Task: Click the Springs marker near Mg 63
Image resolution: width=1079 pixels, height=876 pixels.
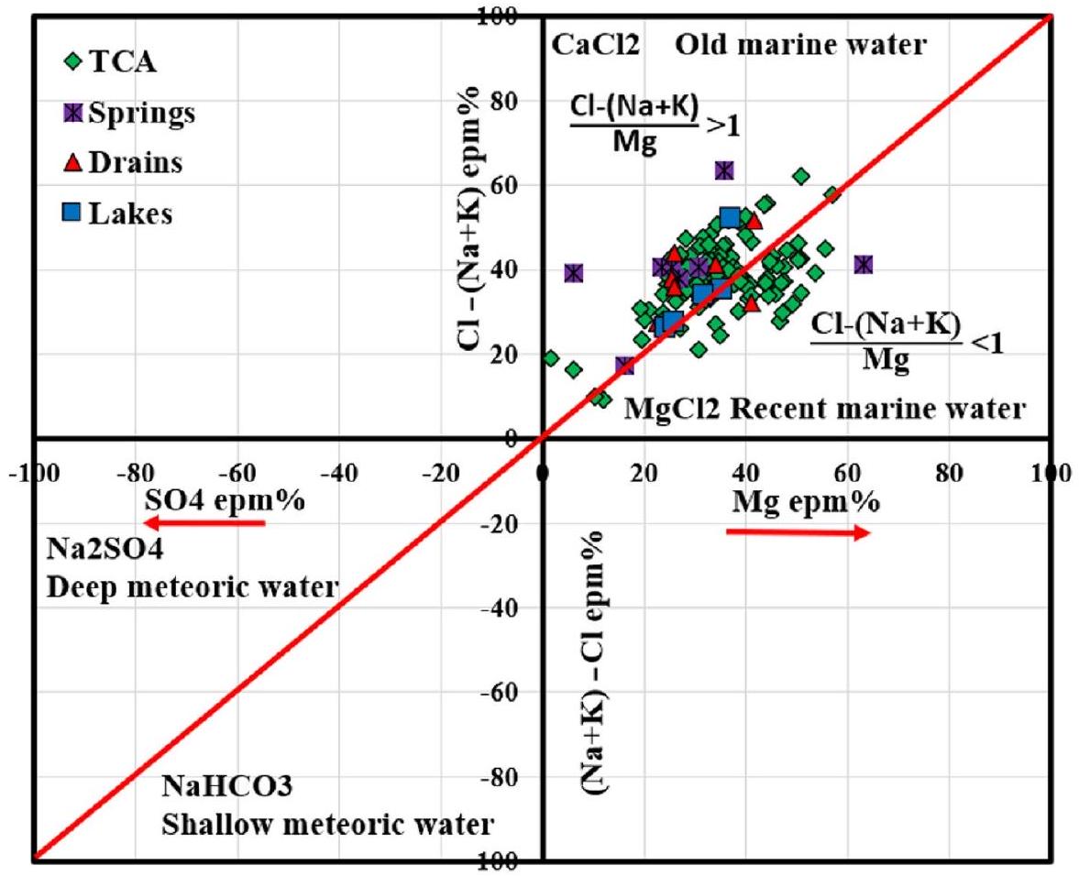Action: coord(863,265)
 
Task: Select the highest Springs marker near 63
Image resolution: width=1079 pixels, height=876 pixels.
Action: coord(724,170)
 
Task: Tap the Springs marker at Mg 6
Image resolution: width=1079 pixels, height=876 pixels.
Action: coord(574,273)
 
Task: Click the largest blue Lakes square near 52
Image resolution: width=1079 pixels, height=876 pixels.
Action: coord(730,217)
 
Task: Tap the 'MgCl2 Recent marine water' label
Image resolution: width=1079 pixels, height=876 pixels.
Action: coord(825,409)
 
